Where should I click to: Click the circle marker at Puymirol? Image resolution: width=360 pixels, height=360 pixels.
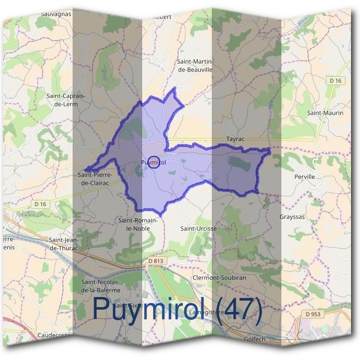154,162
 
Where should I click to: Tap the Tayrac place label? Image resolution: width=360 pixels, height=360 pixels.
237,137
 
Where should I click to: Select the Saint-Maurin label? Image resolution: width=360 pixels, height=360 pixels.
325,112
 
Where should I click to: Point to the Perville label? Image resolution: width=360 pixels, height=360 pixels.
305,178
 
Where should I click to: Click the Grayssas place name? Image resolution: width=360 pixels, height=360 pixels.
293,217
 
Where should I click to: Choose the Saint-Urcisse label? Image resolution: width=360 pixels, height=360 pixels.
199,228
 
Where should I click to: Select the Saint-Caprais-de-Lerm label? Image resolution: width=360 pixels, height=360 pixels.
67,99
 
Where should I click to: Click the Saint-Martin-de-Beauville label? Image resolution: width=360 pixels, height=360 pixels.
196,65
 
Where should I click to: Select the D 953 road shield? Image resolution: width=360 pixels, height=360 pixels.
313,314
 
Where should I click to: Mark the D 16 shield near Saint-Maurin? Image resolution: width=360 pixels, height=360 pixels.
335,80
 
